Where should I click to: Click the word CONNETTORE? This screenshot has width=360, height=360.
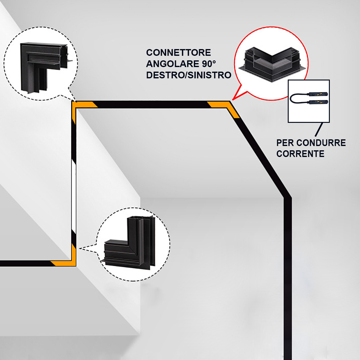[x=178, y=53]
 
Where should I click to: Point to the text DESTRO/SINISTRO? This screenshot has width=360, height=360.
[x=188, y=75]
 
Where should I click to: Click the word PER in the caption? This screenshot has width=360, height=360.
[x=285, y=143]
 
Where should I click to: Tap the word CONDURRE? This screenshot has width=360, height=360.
[x=321, y=143]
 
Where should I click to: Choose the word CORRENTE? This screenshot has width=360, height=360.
[x=300, y=154]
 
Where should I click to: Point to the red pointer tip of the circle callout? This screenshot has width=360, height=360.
[x=233, y=99]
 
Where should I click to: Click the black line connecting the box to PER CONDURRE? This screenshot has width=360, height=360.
[x=319, y=129]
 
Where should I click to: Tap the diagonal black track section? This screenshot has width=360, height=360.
[x=259, y=152]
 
